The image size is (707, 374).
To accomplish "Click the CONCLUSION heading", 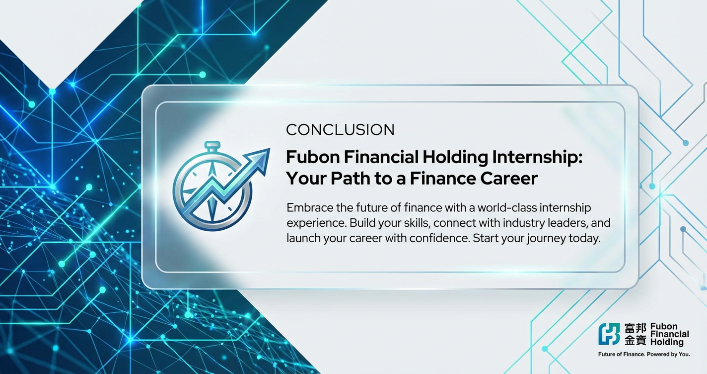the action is [340, 130].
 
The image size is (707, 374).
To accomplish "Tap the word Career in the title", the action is [509, 179].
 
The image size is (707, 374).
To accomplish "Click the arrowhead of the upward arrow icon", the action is [260, 159].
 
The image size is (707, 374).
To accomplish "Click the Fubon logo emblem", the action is [609, 334].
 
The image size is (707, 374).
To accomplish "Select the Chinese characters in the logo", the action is [635, 334].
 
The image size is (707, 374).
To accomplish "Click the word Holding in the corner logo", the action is [667, 342].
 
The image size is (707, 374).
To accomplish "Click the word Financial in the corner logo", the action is [670, 334].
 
